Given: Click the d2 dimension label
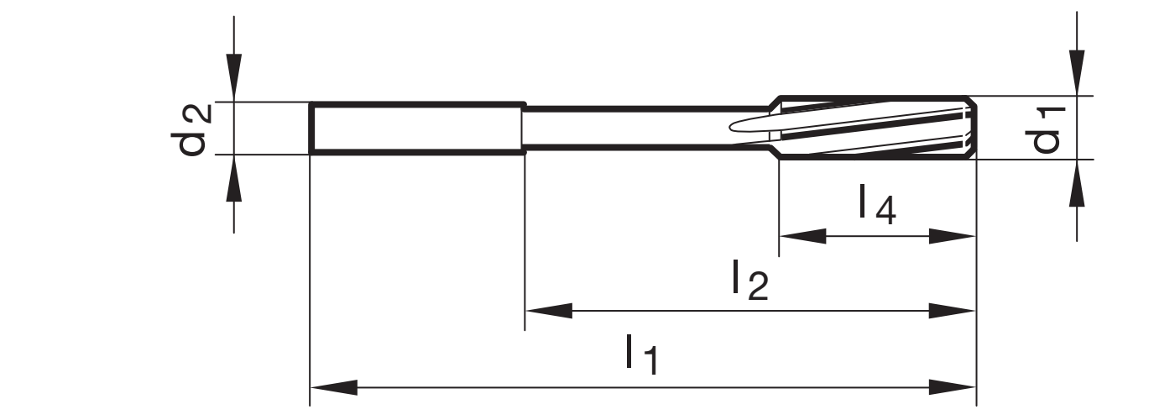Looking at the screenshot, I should (193, 129).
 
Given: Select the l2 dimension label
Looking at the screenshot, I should (749, 281).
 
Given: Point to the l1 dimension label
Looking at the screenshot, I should (642, 355).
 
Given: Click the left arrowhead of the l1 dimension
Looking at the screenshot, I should (333, 388).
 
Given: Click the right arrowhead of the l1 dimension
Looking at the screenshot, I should (953, 388).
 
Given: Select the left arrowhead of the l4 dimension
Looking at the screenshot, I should (802, 237).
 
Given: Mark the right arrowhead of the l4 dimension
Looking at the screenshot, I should (953, 237).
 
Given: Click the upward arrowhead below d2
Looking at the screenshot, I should (234, 178).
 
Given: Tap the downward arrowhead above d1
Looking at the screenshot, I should (1077, 72).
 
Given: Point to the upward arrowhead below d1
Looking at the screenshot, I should (1077, 182).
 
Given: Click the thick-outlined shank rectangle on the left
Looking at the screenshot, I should (415, 129).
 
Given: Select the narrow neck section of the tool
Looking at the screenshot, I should (646, 128).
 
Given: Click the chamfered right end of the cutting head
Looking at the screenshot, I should (971, 128).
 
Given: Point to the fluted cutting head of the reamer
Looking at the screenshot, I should (877, 128).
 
